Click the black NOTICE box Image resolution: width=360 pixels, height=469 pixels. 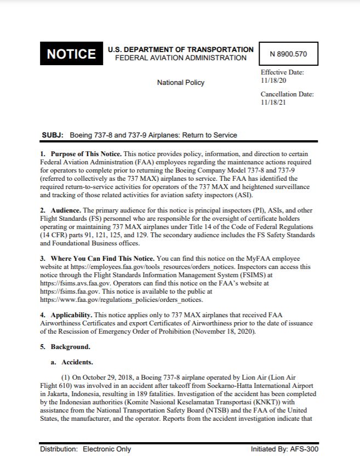(71, 54)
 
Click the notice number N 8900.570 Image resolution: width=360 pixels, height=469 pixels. (288, 54)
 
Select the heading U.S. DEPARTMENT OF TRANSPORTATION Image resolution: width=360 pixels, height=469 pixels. (181, 49)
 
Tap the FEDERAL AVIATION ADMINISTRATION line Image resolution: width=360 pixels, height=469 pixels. (181, 58)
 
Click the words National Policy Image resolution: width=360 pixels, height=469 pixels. (181, 83)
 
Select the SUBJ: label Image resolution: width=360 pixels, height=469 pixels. (53, 135)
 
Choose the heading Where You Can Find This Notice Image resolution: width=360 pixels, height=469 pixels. (102, 258)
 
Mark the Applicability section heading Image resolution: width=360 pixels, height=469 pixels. (72, 315)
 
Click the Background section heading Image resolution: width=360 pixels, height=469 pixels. (70, 347)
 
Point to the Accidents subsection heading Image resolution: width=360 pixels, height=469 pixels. (77, 362)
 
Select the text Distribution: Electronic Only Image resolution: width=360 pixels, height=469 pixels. (85, 449)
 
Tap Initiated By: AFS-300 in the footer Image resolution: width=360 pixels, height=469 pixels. (284, 449)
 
